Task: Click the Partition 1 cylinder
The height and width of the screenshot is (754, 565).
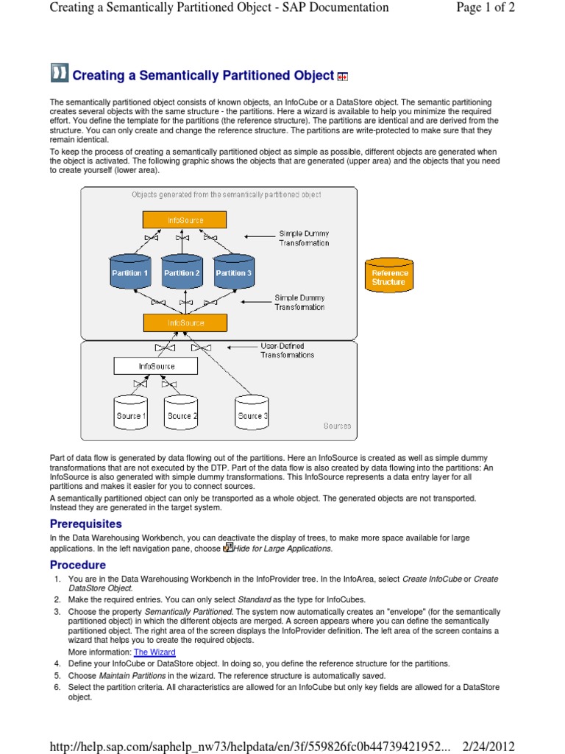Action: point(130,272)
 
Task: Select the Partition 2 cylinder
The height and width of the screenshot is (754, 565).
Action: point(182,272)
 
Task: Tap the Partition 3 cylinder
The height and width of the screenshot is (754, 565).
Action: point(234,272)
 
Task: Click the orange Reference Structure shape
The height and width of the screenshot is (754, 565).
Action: point(388,278)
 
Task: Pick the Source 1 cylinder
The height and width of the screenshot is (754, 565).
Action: point(130,416)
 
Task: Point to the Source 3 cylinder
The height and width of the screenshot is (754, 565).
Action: point(252,416)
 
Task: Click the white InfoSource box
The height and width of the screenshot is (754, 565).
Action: point(156,366)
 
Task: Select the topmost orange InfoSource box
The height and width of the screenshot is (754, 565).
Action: point(185,220)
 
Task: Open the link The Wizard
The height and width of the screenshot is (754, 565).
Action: point(154,652)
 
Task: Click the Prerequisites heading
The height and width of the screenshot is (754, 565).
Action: point(85,524)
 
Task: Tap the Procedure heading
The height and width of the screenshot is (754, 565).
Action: point(78,565)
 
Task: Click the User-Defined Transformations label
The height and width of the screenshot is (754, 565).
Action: point(287,350)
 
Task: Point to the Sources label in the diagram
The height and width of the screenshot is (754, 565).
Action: point(337,426)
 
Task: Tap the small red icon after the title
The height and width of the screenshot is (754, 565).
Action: point(342,76)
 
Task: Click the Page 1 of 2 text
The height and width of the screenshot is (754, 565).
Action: point(475,8)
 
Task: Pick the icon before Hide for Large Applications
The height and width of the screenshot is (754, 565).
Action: point(228,547)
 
